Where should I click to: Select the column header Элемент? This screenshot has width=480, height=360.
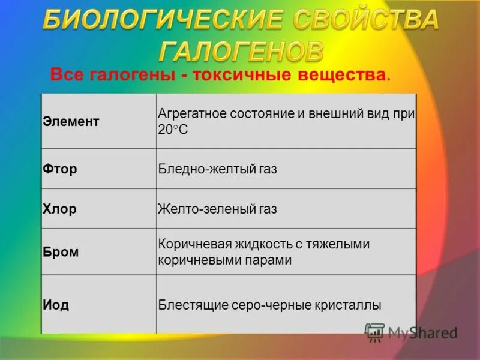[x=71, y=121]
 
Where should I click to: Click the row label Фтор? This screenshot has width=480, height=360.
[x=60, y=169]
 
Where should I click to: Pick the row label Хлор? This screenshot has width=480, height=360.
[x=60, y=209]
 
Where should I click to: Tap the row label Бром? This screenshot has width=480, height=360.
[x=61, y=252]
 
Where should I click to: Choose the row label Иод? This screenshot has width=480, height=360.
[x=56, y=304]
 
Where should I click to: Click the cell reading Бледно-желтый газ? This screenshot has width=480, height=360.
[x=217, y=170]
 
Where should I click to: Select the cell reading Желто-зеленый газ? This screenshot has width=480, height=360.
[x=217, y=209]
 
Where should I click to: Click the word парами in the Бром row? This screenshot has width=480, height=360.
[x=271, y=260]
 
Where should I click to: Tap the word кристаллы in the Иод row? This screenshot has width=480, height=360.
[x=347, y=305]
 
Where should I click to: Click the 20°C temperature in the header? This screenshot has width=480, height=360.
[x=173, y=129]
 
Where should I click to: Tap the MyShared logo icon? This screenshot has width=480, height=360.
[x=375, y=332]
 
